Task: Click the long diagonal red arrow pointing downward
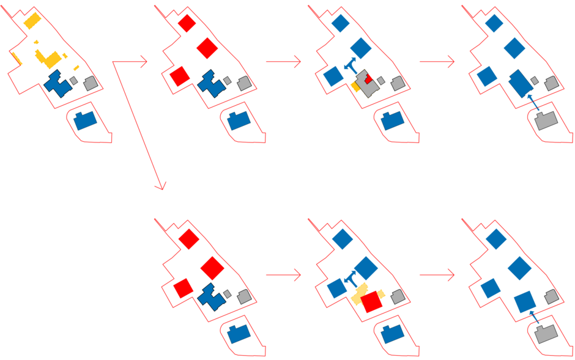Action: tap(139, 125)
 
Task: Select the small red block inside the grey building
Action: tap(368, 79)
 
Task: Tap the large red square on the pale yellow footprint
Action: tap(371, 302)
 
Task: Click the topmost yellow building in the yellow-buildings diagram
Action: tap(32, 21)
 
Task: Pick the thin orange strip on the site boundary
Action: tap(16, 59)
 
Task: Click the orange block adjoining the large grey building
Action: tap(355, 87)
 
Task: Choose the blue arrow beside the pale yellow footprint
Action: tap(351, 278)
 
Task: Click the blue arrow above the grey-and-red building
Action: tap(351, 64)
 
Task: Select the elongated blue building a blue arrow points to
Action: tap(519, 83)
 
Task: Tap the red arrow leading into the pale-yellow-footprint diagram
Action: tap(283, 276)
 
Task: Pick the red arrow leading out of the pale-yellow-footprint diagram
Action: tap(437, 276)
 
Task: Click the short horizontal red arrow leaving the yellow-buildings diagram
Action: tap(130, 62)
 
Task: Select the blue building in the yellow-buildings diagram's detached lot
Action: tap(85, 120)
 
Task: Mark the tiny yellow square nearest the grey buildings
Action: tap(76, 67)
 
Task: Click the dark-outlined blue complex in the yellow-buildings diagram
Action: tap(58, 84)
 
